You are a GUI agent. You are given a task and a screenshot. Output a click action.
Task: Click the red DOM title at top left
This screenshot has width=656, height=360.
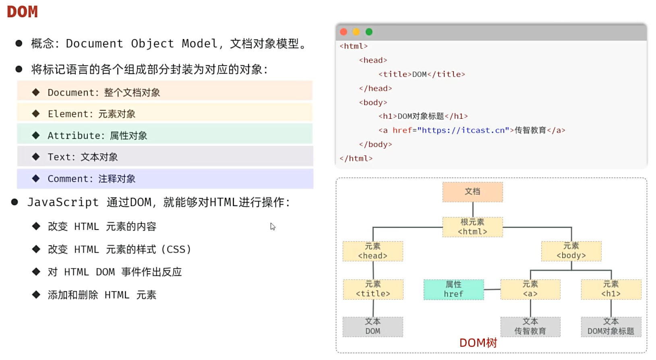[x=23, y=12]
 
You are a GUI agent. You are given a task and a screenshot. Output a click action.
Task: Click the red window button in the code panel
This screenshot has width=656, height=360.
[x=344, y=32]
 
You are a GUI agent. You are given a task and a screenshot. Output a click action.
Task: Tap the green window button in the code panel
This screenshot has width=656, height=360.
[x=369, y=32]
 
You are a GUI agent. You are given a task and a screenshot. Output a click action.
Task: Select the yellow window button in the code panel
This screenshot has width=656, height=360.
[x=356, y=32]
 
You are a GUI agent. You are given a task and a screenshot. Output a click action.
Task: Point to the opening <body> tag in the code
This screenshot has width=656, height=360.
[x=373, y=102]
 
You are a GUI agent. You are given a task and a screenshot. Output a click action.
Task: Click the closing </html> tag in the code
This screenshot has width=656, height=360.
[x=356, y=158]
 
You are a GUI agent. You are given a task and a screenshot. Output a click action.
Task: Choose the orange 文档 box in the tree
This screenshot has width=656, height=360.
[x=472, y=192]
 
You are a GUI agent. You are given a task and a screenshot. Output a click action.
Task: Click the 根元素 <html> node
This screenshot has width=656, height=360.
[x=472, y=227]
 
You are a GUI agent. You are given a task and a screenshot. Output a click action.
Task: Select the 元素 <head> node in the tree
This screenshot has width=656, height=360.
[x=372, y=251]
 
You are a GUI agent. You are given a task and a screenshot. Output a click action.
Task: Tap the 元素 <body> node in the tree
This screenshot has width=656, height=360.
[x=571, y=251]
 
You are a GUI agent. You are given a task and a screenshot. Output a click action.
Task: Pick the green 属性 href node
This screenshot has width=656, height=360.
[x=453, y=290]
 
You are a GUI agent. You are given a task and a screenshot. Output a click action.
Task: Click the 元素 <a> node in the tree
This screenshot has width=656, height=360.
[x=530, y=290]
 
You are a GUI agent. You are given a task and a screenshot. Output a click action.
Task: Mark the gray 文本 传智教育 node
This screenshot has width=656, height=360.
[x=530, y=327]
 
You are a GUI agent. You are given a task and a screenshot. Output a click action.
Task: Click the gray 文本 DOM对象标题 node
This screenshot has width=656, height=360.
[x=610, y=327]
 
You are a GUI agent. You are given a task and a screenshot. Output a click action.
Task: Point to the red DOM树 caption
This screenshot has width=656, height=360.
[x=478, y=343]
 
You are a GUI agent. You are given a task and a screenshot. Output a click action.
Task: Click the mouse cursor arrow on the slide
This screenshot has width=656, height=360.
[x=273, y=226]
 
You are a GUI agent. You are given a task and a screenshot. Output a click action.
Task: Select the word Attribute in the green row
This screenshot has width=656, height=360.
[x=73, y=136]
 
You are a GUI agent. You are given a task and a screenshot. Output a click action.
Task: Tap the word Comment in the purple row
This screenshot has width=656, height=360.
[x=68, y=179]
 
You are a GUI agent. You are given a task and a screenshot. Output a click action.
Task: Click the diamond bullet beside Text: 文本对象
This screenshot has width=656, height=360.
[x=36, y=157]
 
